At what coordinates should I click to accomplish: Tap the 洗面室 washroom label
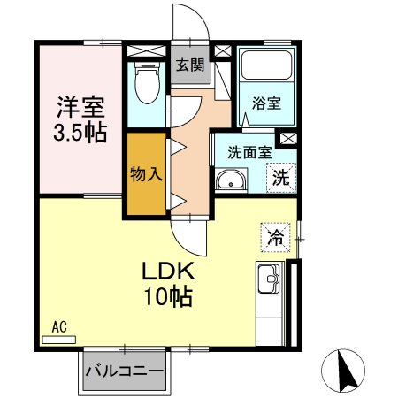click(x=249, y=152)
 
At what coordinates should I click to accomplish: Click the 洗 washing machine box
click(x=280, y=176)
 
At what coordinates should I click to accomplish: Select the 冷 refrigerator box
click(x=275, y=236)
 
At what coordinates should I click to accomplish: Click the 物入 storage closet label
click(x=146, y=172)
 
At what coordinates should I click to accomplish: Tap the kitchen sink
click(x=269, y=286)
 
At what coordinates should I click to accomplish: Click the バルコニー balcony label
click(x=125, y=371)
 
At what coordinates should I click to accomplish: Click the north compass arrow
click(x=347, y=371)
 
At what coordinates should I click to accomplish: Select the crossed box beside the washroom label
click(x=287, y=139)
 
